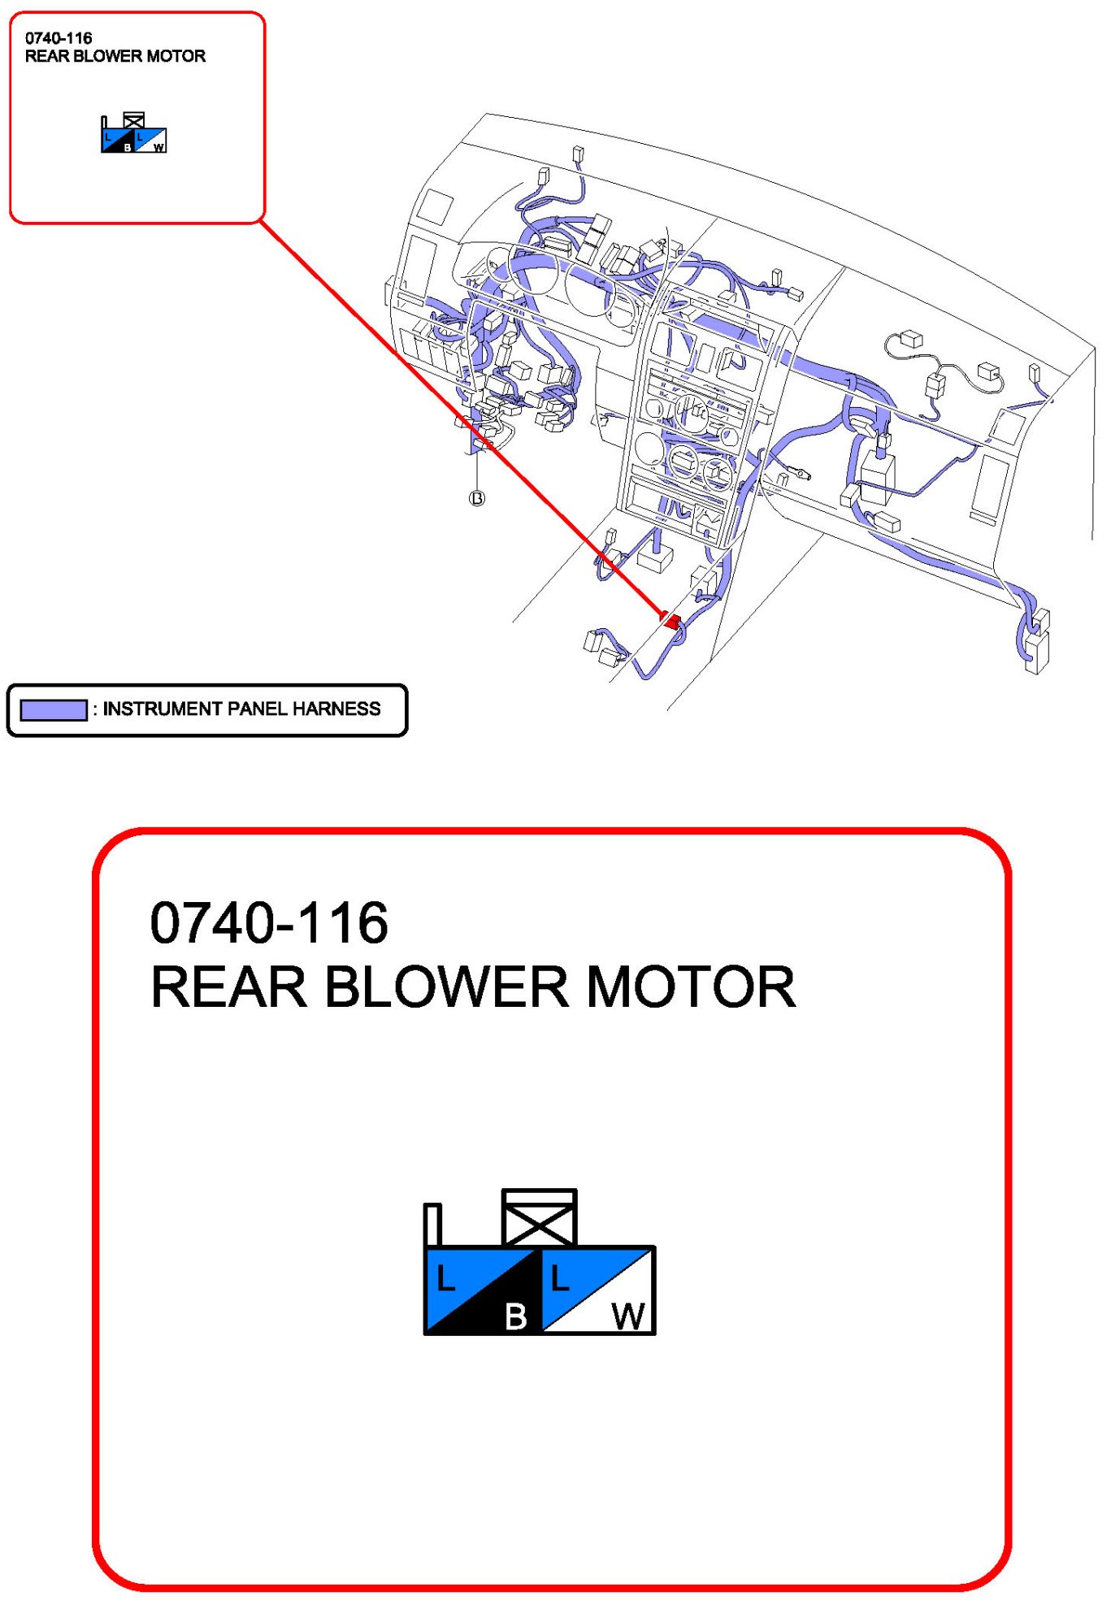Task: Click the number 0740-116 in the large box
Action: pos(269,923)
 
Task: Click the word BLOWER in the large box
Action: pos(447,987)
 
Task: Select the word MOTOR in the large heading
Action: pos(691,987)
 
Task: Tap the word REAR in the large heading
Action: pos(229,987)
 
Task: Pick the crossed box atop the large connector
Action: pos(539,1217)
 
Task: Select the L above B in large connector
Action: pos(445,1279)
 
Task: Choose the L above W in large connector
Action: pos(560,1279)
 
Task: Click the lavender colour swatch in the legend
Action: pos(53,709)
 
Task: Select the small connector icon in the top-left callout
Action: pos(134,135)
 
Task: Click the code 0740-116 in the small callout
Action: pos(59,38)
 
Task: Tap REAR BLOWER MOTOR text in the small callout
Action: pos(115,56)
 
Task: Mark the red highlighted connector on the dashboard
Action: pos(671,621)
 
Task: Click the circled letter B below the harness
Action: pos(477,498)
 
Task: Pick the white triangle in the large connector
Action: pos(618,1304)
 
